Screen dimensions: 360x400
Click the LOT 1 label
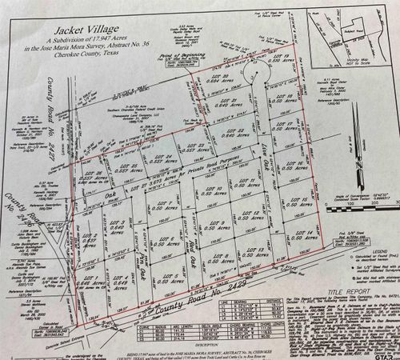(88, 278)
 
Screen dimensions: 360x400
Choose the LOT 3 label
(121, 223)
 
